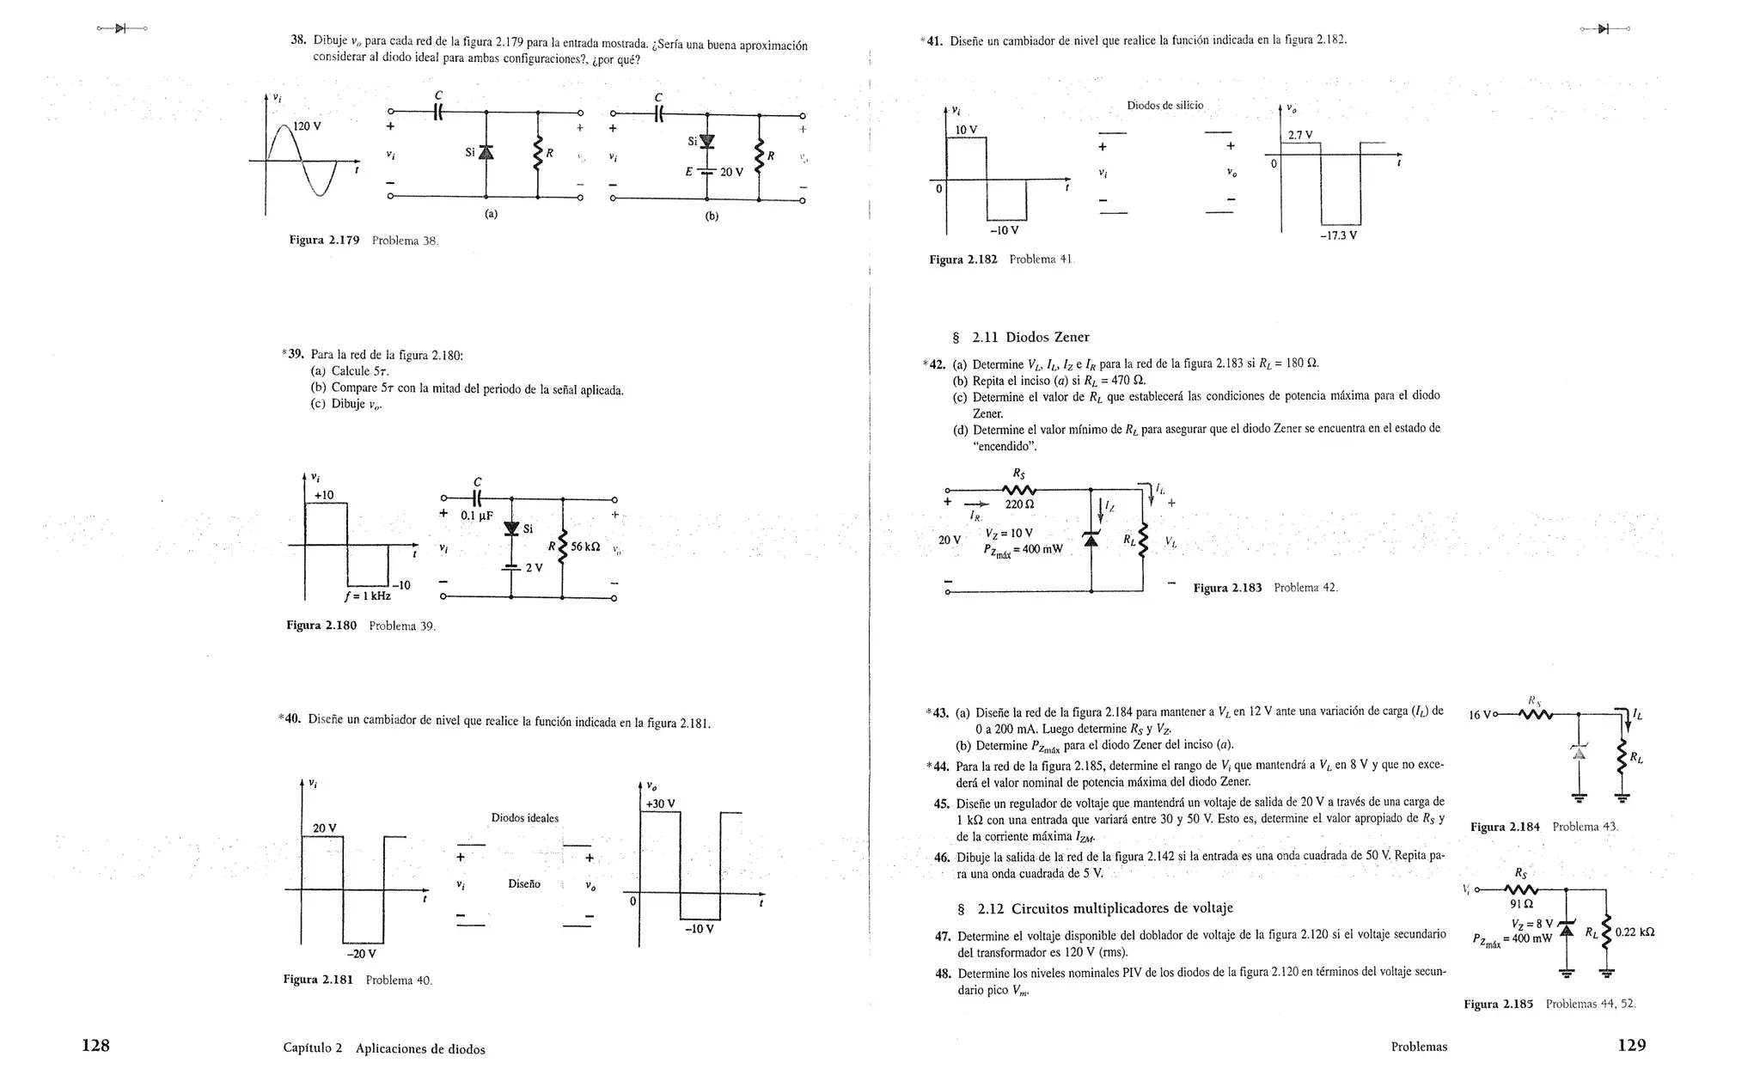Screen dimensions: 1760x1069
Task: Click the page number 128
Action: point(95,1045)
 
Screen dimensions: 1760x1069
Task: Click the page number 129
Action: point(1631,1045)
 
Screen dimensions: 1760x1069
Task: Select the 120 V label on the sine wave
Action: point(307,126)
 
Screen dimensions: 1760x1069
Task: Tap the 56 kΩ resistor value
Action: point(589,547)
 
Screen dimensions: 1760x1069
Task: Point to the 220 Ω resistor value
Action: point(1019,504)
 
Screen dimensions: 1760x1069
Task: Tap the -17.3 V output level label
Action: point(1338,235)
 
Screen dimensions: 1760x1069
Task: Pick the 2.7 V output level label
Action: point(1299,135)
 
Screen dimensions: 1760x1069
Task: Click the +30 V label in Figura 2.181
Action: point(660,803)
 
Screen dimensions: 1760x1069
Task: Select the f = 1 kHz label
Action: point(367,596)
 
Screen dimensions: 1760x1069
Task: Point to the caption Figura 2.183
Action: point(1227,588)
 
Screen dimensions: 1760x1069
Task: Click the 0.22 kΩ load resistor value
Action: point(1635,932)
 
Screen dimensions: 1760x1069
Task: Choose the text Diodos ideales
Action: point(524,817)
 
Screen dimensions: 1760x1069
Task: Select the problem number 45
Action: point(941,803)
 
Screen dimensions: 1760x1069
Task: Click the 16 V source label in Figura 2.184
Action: point(1482,714)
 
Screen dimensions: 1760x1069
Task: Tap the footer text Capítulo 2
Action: point(312,1048)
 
